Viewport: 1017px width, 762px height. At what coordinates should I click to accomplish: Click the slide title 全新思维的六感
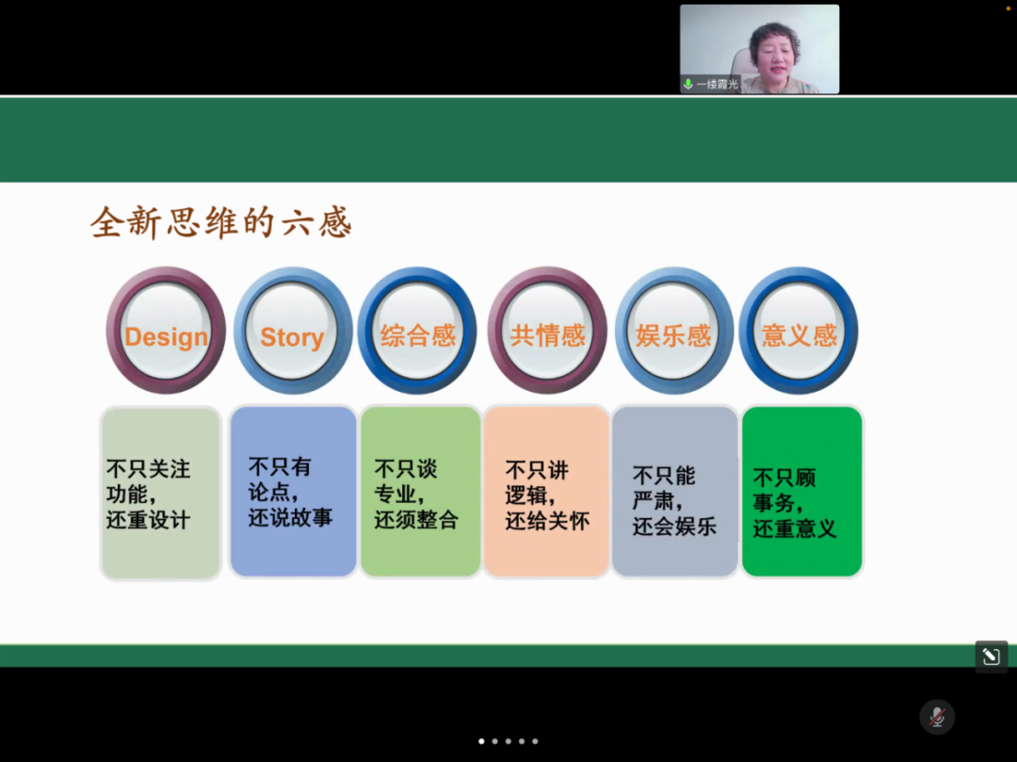[x=221, y=223]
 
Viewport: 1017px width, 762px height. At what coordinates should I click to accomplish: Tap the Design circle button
[x=166, y=330]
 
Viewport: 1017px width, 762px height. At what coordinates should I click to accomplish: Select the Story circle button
[x=293, y=330]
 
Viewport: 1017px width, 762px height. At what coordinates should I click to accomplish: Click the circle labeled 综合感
[x=418, y=330]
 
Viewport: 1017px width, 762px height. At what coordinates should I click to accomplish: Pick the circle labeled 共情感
[x=547, y=330]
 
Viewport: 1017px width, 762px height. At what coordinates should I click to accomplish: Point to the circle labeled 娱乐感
[x=673, y=330]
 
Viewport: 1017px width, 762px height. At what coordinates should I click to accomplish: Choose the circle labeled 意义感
[x=799, y=330]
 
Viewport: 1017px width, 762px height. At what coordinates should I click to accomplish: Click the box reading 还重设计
[x=161, y=493]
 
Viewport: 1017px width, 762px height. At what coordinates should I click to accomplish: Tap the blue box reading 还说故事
[x=293, y=491]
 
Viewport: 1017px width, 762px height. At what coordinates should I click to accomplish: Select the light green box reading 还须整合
[x=420, y=491]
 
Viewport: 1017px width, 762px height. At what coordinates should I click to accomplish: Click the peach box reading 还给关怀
[x=546, y=491]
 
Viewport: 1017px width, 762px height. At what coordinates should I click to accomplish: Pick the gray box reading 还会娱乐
[x=674, y=491]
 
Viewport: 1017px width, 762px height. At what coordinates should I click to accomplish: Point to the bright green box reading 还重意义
[x=802, y=491]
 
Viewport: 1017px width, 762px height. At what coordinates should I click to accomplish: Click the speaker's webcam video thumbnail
[x=760, y=49]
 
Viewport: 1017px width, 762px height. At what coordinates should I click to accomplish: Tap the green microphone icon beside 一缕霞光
[x=688, y=85]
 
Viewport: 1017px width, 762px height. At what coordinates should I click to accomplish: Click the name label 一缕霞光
[x=718, y=85]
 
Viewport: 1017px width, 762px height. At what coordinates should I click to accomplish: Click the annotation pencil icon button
[x=991, y=657]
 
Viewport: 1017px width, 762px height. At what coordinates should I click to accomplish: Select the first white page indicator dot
[x=481, y=741]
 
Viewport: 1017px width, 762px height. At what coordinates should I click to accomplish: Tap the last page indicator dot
[x=535, y=741]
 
